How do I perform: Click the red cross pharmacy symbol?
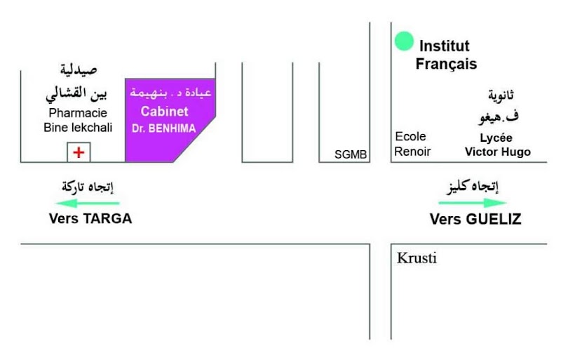point(79,152)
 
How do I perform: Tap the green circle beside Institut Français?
point(404,41)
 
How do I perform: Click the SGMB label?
point(351,154)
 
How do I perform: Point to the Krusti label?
point(417,258)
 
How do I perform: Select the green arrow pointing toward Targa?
point(88,204)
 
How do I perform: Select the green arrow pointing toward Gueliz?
point(473,203)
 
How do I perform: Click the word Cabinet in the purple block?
point(164,112)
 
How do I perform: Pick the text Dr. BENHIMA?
point(164,128)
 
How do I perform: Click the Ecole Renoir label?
point(412,144)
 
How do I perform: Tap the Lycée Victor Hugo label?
point(498,145)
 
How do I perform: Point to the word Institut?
point(445,46)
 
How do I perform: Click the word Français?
point(446,64)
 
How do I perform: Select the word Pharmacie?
point(78,113)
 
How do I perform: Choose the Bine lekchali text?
point(78,127)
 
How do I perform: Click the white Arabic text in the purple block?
point(170,93)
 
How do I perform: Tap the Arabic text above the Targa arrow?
point(88,187)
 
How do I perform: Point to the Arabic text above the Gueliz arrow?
point(473,187)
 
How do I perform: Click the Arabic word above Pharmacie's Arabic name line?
point(79,69)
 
